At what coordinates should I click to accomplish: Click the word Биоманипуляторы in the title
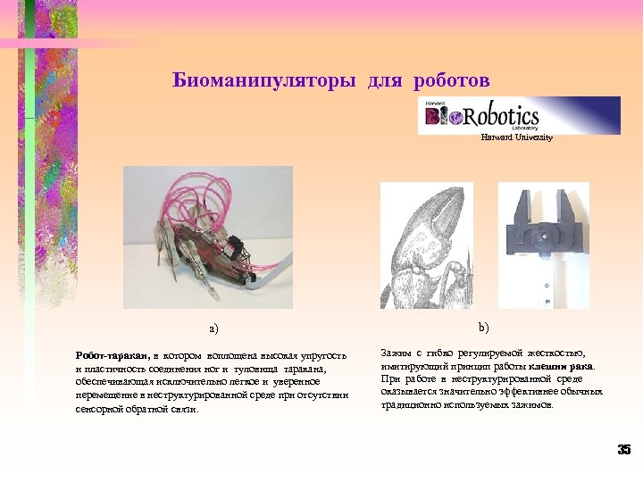265,81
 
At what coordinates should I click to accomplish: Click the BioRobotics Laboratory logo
519,115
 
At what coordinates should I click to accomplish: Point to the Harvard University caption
516,137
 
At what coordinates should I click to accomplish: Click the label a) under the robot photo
213,328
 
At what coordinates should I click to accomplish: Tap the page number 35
623,450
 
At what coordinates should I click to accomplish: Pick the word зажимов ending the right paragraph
531,404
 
